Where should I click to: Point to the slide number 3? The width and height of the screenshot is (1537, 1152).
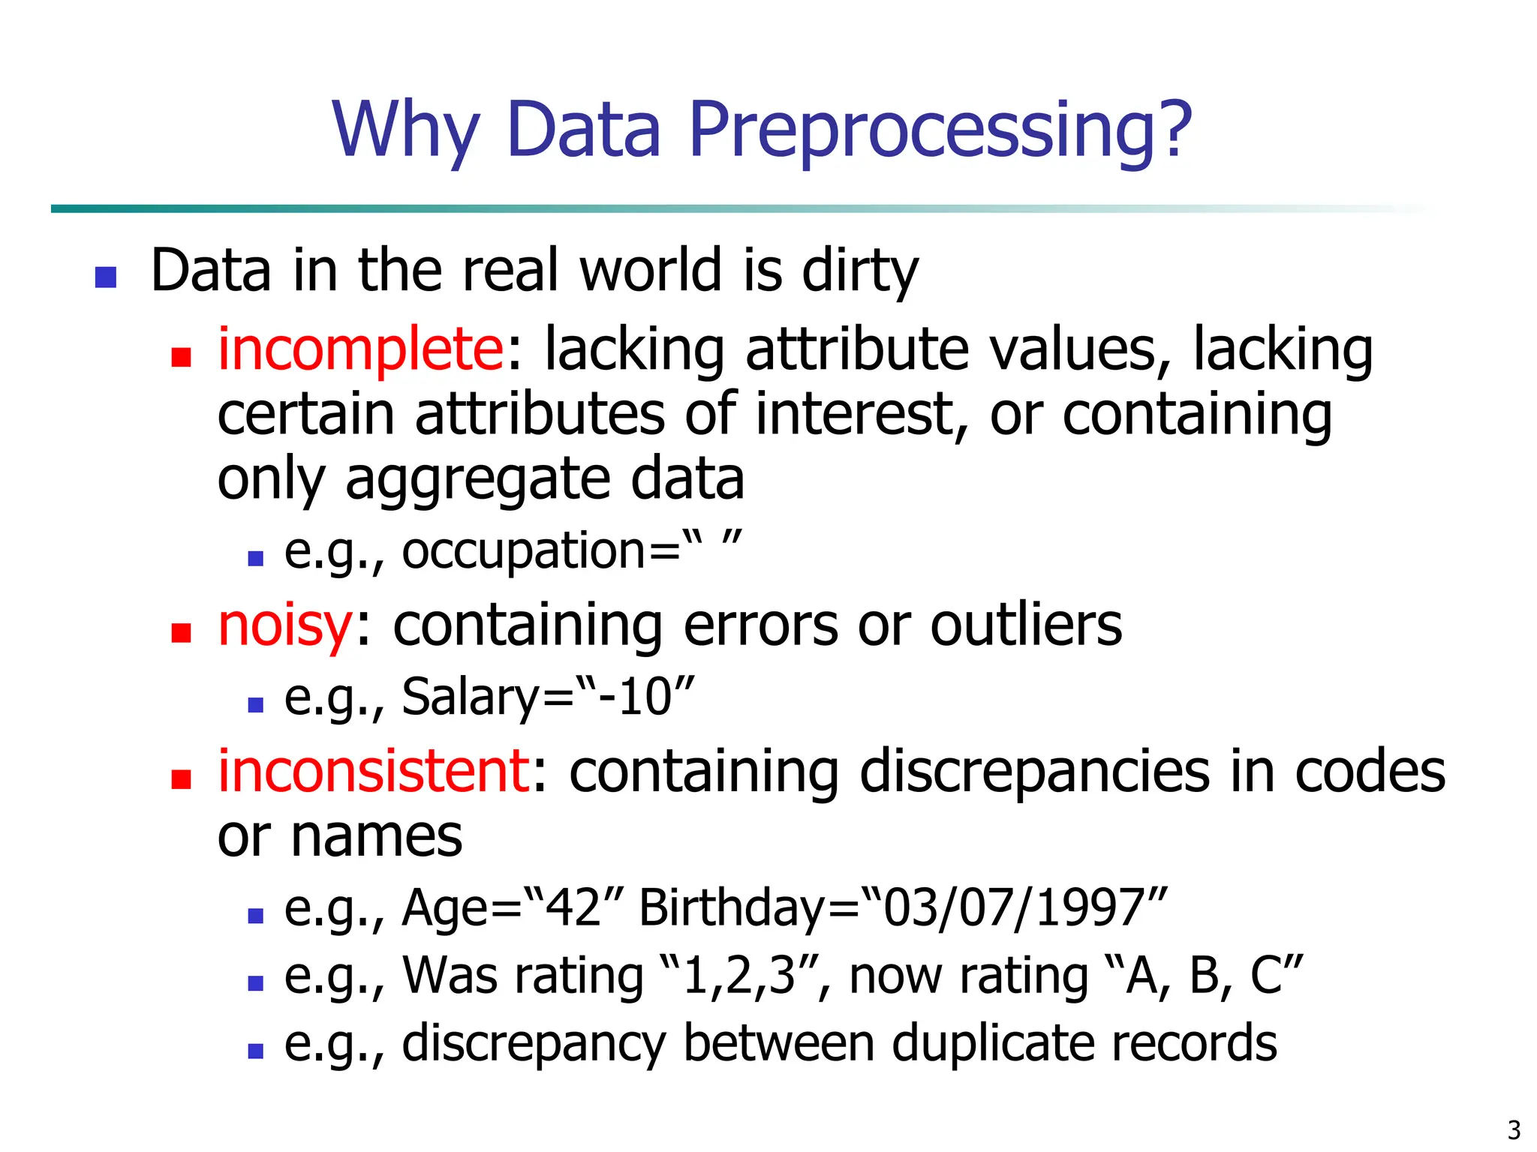pyautogui.click(x=1514, y=1129)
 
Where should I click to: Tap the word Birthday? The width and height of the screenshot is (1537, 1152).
pyautogui.click(x=732, y=907)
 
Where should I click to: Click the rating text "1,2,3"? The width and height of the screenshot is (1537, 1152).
pyautogui.click(x=738, y=976)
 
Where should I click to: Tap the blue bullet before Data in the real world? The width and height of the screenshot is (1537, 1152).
pyautogui.click(x=106, y=277)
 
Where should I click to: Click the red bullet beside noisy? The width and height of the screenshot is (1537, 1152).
pyautogui.click(x=181, y=633)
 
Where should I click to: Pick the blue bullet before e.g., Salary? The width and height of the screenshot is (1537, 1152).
pyautogui.click(x=255, y=704)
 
